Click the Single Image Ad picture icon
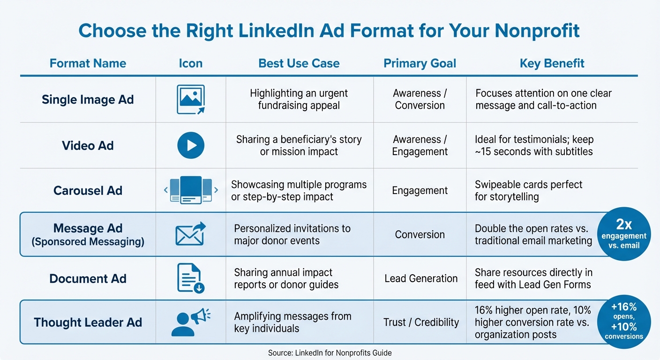190,99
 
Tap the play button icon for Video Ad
190,145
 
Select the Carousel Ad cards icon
190,190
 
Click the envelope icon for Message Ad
190,234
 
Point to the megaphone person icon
190,322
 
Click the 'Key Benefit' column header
552,63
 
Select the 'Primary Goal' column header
420,63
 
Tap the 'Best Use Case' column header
299,63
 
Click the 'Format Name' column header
88,63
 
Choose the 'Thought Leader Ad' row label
88,322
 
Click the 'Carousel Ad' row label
88,191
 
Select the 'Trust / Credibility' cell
420,322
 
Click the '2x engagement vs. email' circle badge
624,234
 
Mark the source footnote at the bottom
330,352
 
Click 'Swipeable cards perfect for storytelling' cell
528,190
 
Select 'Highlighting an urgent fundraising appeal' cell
299,99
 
